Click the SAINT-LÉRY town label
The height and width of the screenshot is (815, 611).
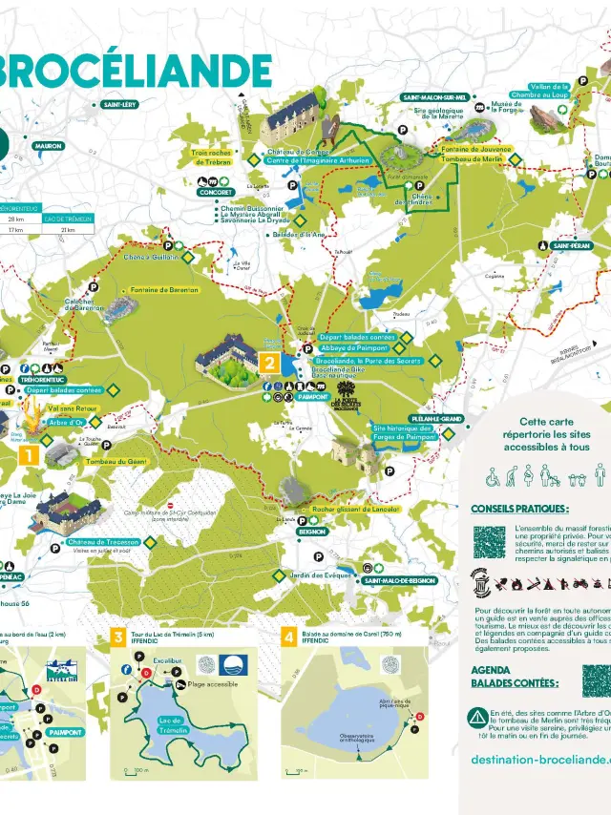(121, 105)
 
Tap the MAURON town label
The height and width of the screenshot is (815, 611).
(48, 147)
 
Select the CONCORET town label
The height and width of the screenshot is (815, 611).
(216, 192)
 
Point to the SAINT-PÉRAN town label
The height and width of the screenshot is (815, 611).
(569, 246)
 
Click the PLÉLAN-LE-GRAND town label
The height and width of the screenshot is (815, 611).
(437, 419)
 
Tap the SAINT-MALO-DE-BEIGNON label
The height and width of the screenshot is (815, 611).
(399, 580)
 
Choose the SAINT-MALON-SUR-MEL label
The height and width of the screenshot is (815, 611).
(435, 97)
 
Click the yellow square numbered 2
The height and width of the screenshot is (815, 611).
(270, 363)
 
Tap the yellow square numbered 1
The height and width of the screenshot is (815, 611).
(29, 456)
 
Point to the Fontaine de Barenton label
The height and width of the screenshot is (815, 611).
(164, 289)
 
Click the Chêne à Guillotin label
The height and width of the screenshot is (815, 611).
(152, 256)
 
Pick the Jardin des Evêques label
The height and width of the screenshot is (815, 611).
(314, 575)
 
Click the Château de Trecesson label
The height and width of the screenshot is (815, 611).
(103, 542)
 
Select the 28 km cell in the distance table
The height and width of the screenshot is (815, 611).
(16, 219)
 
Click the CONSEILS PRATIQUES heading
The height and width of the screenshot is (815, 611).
(520, 509)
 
